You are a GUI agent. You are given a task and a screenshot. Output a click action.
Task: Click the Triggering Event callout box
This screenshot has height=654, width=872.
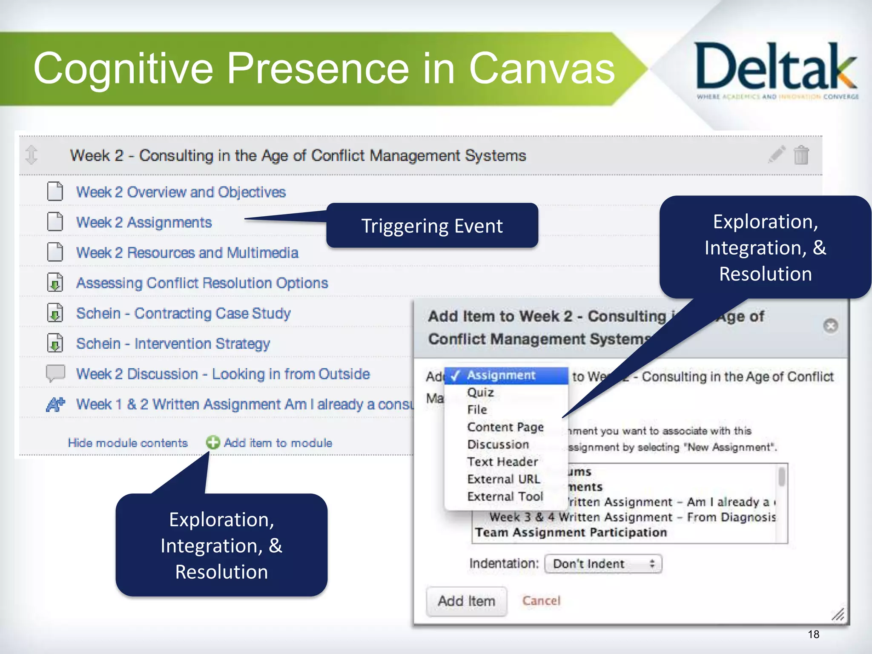coord(432,226)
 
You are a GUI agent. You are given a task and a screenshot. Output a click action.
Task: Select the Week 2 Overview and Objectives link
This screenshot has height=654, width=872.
coord(181,192)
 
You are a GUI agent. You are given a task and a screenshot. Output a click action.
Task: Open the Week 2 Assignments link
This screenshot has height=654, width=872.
coord(144,222)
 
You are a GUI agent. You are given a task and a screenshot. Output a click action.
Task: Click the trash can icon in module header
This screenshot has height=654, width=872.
coord(801,155)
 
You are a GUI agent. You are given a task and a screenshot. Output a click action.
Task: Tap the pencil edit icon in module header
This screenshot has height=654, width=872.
coord(777,154)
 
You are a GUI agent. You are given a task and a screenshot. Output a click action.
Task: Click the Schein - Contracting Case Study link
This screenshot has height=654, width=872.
coord(183,313)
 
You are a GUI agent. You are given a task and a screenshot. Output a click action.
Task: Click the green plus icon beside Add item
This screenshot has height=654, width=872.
coord(213,443)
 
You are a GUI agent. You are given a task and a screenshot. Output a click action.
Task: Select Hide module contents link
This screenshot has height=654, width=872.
coord(128,443)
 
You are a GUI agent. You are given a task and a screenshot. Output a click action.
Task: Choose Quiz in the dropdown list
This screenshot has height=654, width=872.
coord(480,392)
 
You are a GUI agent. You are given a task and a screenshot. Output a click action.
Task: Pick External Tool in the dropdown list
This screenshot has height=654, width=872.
coord(505,496)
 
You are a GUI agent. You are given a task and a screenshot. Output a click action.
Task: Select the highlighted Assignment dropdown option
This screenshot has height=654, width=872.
coord(501,375)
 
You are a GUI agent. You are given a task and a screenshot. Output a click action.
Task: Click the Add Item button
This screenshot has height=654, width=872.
coord(466,601)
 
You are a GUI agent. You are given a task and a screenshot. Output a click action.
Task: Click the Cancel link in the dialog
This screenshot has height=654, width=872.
coord(541,601)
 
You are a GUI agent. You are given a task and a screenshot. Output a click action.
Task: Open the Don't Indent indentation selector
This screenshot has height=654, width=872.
coord(603,564)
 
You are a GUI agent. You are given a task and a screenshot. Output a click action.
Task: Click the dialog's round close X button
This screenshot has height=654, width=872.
coord(830,326)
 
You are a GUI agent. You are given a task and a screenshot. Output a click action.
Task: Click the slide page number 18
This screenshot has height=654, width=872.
coord(813,634)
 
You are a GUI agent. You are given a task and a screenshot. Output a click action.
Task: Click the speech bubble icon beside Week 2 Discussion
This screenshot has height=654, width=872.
coord(55,373)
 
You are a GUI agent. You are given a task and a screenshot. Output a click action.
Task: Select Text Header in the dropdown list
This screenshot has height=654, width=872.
coord(502,462)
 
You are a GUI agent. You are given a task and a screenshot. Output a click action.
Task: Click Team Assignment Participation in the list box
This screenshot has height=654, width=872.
coord(571,532)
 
